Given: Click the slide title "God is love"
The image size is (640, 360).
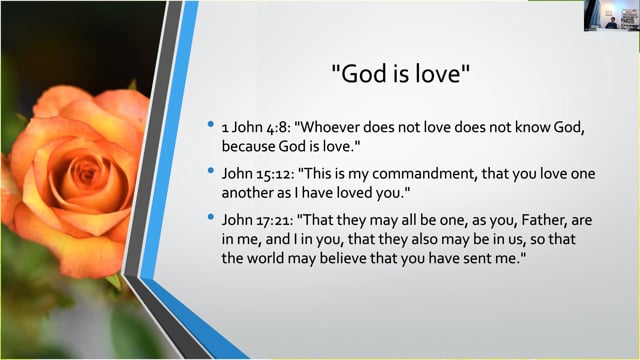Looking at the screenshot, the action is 400,73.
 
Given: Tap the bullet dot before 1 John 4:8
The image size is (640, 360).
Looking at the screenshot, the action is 211,124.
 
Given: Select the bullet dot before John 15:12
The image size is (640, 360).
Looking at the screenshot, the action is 211,171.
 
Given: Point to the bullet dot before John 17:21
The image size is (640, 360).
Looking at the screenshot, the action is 211,217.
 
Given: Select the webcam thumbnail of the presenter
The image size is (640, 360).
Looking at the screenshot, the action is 611,16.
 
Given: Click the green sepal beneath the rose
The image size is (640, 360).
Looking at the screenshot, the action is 114,282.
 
